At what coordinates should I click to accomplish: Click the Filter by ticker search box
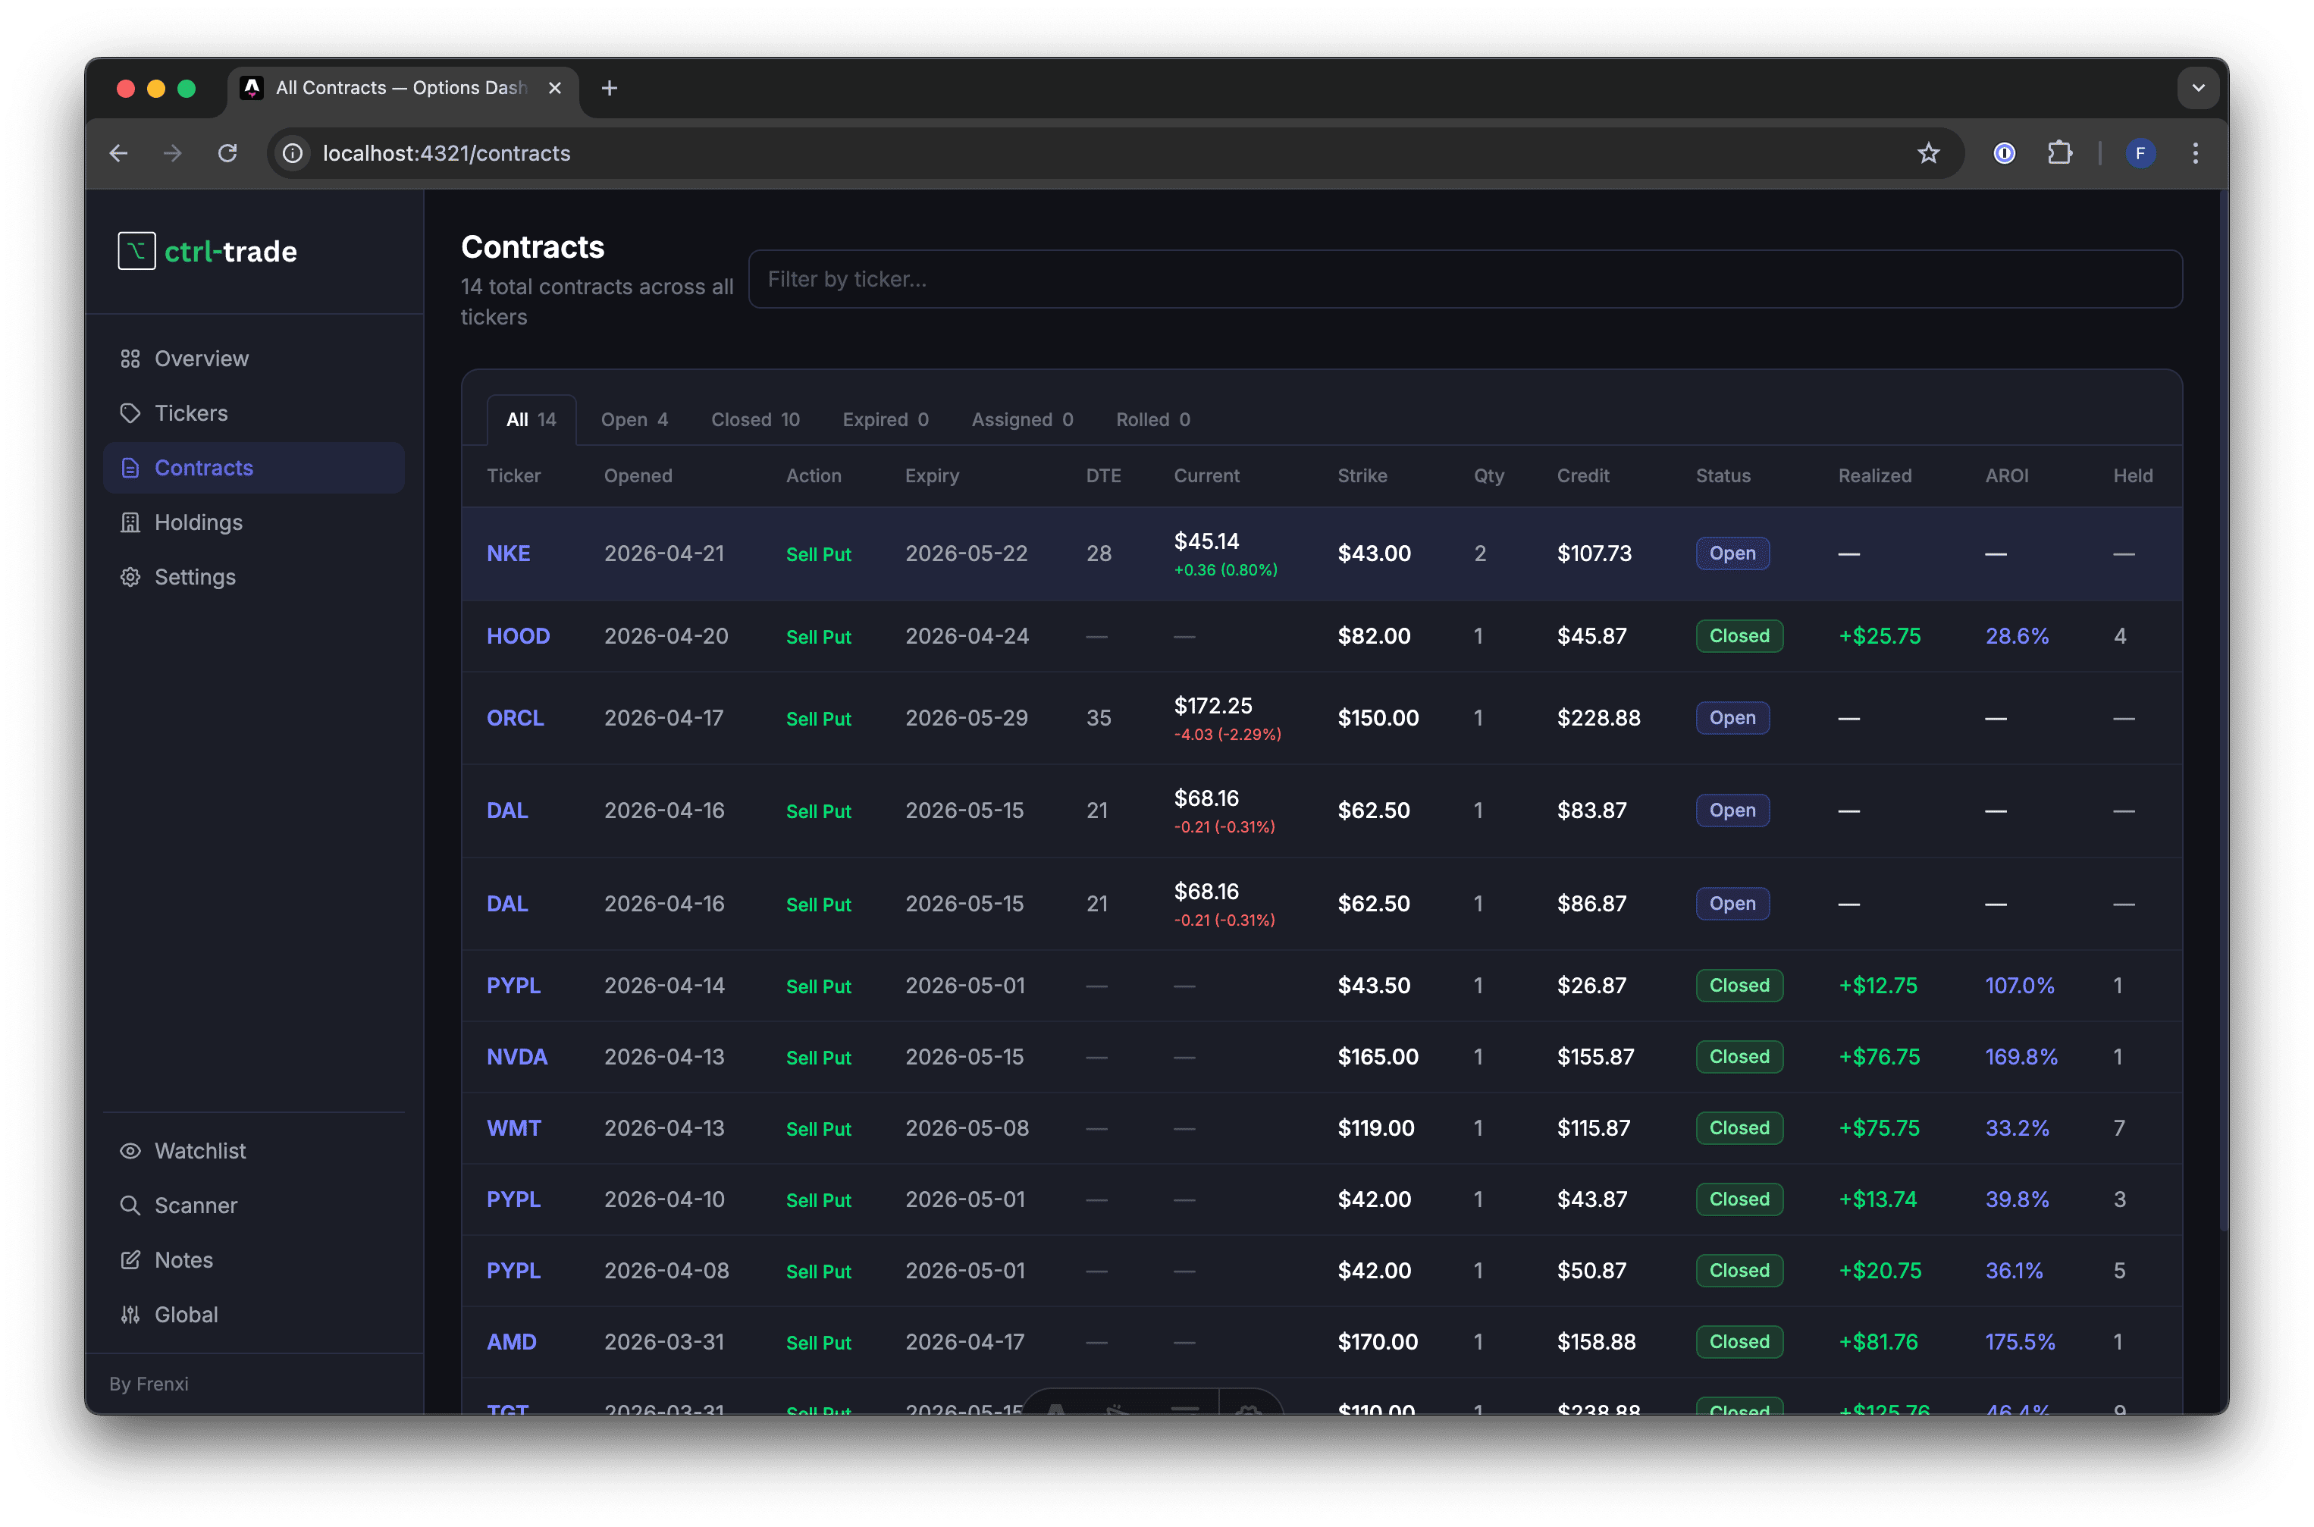pos(1464,280)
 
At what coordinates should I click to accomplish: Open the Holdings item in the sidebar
pos(198,523)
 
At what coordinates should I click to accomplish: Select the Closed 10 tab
pos(754,420)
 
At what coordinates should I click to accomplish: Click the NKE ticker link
pos(509,553)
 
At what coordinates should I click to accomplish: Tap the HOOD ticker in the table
pos(518,636)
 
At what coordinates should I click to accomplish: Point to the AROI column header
pos(2006,476)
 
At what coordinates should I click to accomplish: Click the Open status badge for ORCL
pos(1732,718)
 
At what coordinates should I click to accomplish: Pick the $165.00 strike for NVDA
pos(1377,1057)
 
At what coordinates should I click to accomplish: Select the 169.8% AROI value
pos(2021,1057)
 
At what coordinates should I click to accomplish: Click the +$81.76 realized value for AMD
pos(1878,1342)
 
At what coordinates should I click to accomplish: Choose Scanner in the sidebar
pos(195,1206)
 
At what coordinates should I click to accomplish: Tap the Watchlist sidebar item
pos(199,1151)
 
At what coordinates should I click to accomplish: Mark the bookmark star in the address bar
pos(1928,153)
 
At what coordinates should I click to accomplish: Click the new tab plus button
pos(610,89)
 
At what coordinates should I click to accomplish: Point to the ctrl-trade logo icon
pos(136,251)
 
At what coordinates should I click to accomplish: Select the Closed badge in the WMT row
pos(1739,1127)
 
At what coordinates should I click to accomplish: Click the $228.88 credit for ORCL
pos(1598,718)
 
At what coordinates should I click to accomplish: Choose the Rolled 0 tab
pos(1152,420)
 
